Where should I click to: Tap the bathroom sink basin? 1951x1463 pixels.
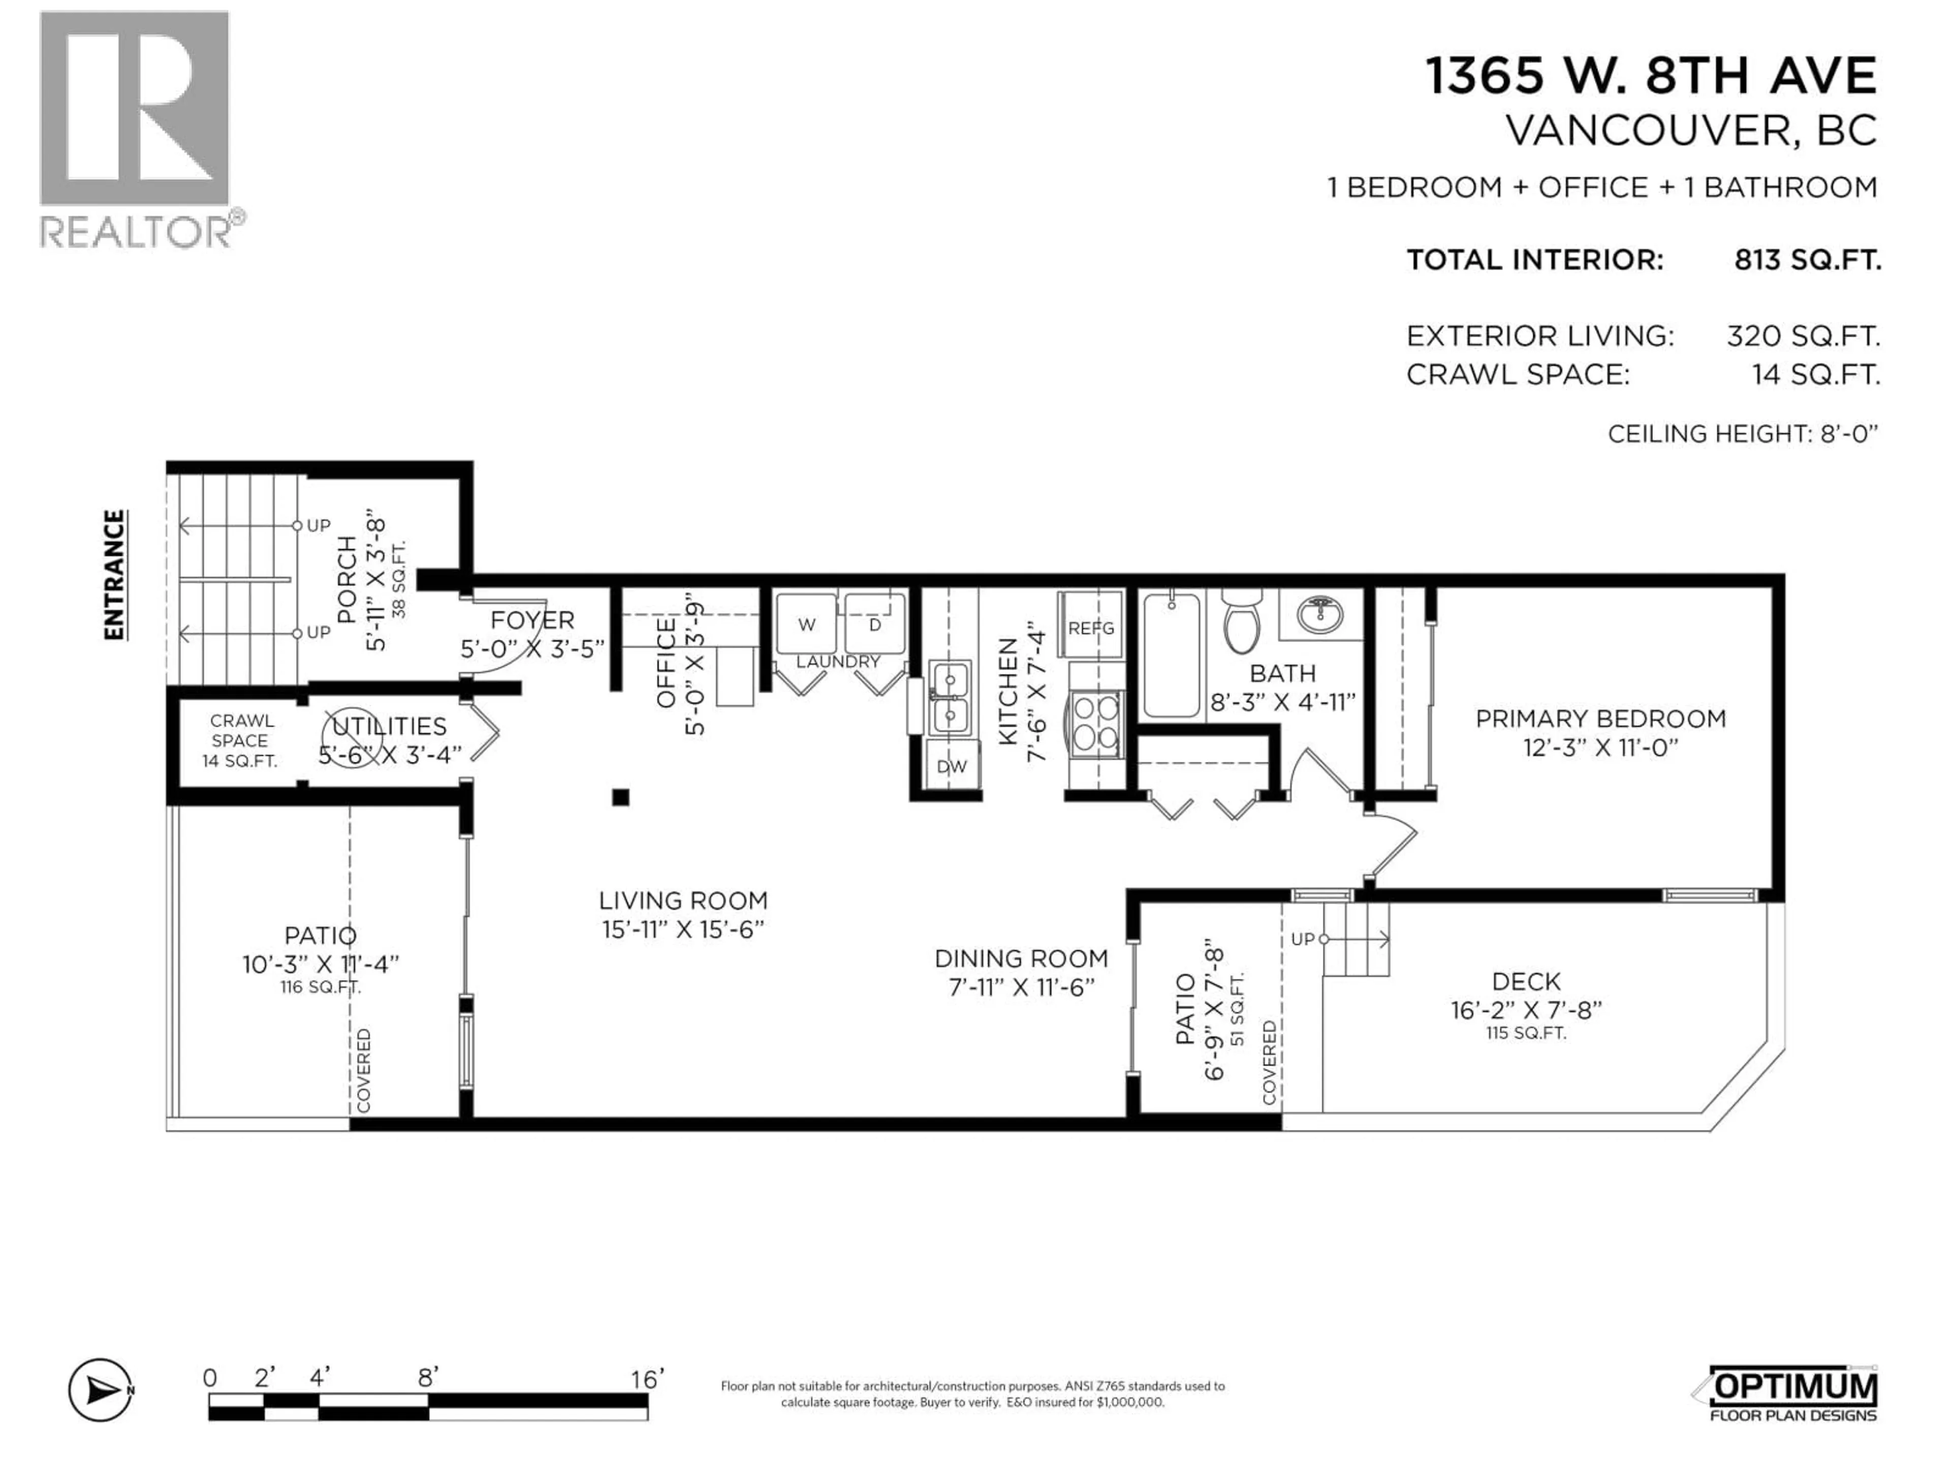(x=1320, y=613)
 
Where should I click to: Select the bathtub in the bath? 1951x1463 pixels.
(x=1171, y=654)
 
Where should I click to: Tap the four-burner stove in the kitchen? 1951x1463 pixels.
(x=1096, y=723)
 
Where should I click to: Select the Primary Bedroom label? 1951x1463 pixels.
(x=1600, y=719)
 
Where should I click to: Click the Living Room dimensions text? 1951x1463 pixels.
(x=683, y=930)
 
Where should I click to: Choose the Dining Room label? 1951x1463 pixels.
(x=1021, y=959)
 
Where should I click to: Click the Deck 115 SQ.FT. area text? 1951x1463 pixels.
(x=1525, y=1033)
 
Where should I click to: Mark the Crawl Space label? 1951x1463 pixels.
(x=240, y=731)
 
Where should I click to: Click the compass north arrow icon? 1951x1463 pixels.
(x=101, y=1391)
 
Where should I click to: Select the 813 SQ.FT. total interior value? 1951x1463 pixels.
(x=1807, y=260)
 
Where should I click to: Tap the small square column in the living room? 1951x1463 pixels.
(x=621, y=797)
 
